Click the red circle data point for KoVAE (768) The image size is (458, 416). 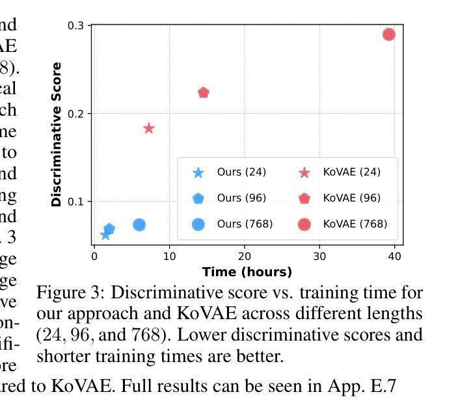coord(389,34)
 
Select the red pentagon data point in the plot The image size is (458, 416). coord(204,93)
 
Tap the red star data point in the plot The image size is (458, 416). coord(149,129)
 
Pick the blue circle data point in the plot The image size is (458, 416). coord(139,225)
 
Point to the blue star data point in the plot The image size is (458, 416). coord(105,235)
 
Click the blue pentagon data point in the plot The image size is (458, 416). coord(109,229)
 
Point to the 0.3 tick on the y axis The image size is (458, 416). coord(75,25)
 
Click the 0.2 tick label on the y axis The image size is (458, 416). coord(75,114)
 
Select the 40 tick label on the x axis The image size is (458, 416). coord(395,257)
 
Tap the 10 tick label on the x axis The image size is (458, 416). coord(169,257)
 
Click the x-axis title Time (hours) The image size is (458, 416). coord(247,272)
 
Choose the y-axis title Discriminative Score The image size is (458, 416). coord(57,135)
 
